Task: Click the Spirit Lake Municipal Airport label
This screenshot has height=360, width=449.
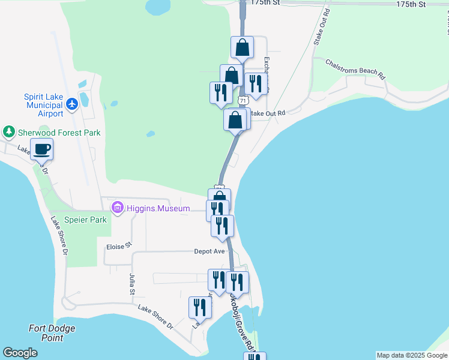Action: pos(43,105)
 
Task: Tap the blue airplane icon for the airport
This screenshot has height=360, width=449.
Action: pos(73,104)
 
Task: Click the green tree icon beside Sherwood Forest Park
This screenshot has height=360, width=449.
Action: pos(8,131)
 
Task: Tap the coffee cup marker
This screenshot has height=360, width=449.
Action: pos(42,149)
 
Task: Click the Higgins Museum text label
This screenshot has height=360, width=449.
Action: pos(158,209)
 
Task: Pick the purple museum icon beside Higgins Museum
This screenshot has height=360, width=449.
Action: pos(117,208)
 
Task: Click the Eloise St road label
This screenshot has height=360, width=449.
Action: pos(118,247)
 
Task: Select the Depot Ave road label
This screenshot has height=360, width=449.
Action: pos(209,251)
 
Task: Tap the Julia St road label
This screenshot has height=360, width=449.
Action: pos(132,284)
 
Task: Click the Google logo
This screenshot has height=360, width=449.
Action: pos(20,353)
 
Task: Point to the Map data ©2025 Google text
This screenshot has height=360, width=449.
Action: pos(412,355)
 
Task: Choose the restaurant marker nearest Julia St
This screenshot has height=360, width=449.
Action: pos(200,308)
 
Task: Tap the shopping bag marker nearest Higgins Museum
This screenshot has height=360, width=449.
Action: pos(219,198)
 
